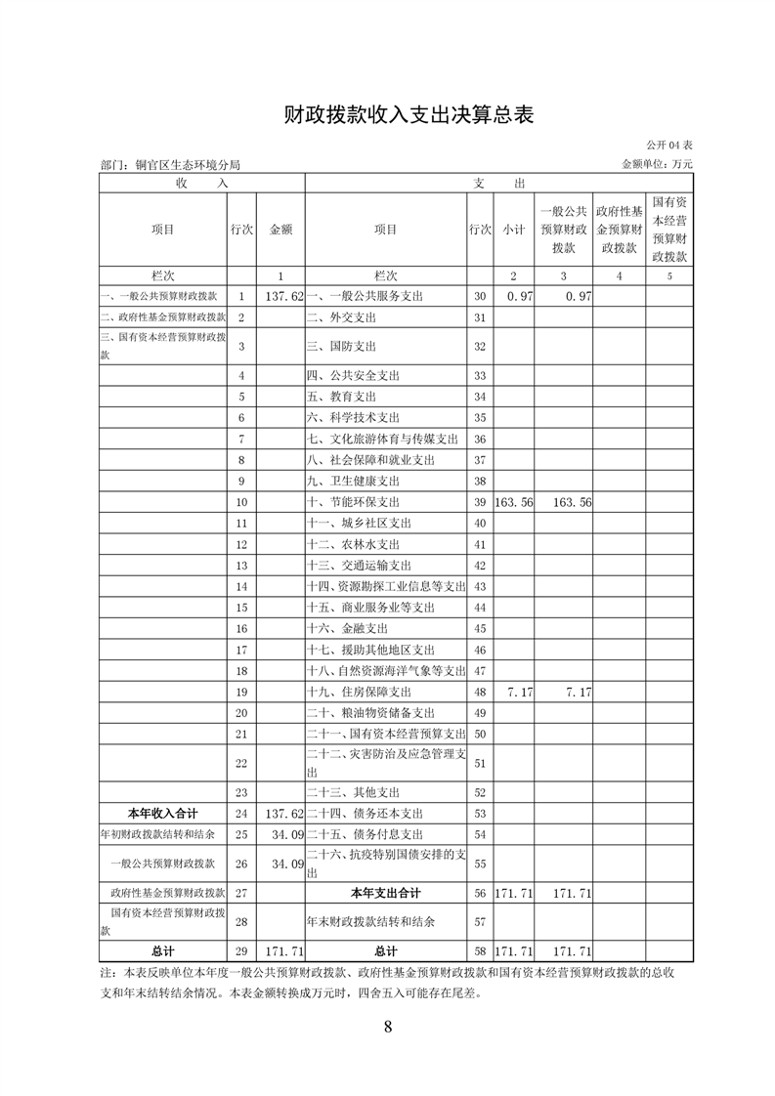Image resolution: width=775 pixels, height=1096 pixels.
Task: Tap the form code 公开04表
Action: click(668, 146)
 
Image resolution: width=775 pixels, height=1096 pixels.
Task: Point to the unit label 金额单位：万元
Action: click(657, 165)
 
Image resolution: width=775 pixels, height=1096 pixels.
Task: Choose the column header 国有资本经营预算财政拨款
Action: click(669, 230)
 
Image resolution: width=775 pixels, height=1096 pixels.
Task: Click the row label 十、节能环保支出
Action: click(354, 502)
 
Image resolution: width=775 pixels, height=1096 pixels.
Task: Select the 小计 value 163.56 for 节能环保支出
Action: click(513, 502)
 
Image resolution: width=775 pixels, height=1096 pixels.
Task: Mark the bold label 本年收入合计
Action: click(163, 813)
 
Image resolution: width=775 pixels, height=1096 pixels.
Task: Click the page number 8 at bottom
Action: click(388, 1027)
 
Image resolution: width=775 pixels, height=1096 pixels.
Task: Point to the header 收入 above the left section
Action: click(202, 183)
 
